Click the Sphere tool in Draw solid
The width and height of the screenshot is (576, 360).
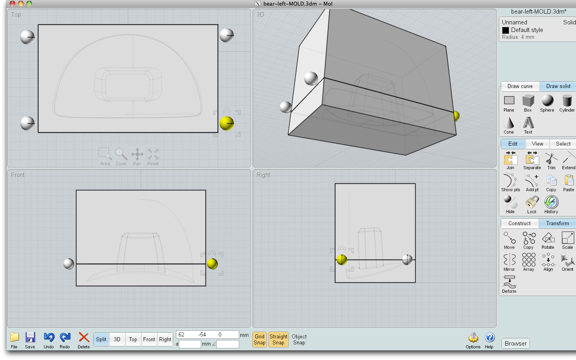coord(547,101)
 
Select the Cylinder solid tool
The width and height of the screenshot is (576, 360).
coord(567,101)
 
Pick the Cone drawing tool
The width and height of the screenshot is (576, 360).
coord(509,123)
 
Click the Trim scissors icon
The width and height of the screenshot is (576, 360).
coord(551,159)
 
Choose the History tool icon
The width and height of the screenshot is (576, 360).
coord(551,202)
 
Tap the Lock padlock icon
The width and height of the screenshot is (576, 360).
coord(532,202)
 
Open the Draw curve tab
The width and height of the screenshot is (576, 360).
coord(520,86)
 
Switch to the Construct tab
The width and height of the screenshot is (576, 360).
coord(519,224)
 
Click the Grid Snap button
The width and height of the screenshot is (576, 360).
coord(260,340)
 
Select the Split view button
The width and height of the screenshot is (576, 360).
coord(101,340)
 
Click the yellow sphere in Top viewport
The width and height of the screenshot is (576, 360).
coord(227,123)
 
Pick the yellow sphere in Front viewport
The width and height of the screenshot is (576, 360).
coord(212,264)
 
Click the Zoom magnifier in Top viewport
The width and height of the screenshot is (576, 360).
coord(121,154)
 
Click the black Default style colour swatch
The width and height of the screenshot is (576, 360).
coord(506,30)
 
